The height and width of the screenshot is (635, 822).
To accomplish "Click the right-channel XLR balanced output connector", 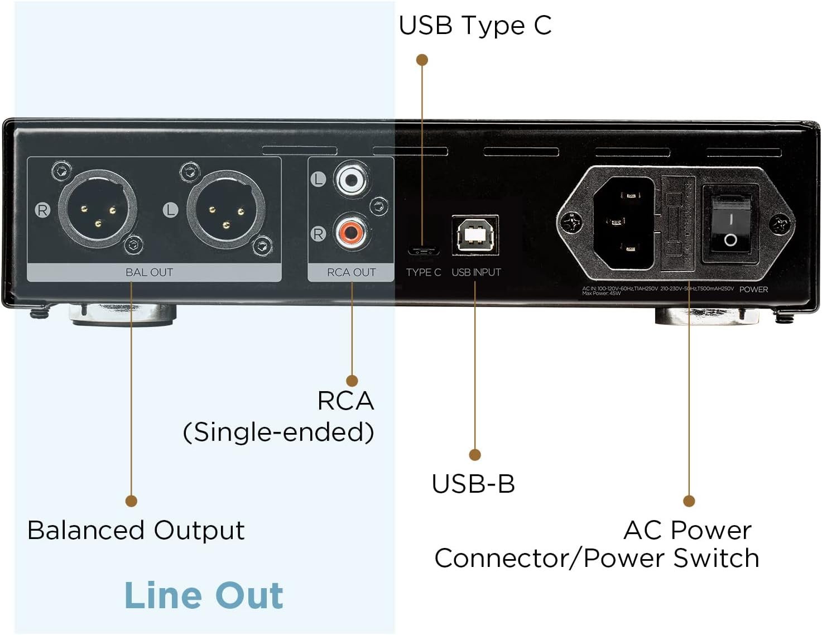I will click(x=98, y=210).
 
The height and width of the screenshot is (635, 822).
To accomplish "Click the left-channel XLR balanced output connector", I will click(x=226, y=211).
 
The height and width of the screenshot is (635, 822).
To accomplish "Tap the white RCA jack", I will click(x=352, y=179).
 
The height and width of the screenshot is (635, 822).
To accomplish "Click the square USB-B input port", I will click(x=475, y=235).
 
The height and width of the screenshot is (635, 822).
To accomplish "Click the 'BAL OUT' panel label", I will click(x=149, y=272).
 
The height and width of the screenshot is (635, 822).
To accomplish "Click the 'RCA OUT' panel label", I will click(x=351, y=272).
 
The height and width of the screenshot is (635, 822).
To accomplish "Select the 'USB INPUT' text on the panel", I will click(x=476, y=272).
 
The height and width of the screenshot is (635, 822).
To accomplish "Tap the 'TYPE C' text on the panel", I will click(x=423, y=272).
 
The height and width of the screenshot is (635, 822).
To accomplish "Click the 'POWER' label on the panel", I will click(x=753, y=289).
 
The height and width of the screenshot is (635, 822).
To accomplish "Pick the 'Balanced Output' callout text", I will click(x=136, y=530).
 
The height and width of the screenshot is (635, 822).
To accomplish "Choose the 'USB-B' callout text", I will click(x=473, y=483).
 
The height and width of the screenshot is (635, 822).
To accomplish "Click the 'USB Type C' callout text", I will click(x=475, y=25).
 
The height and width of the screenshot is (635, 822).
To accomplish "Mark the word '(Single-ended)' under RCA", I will click(x=278, y=432).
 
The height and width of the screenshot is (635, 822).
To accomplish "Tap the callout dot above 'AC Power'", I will click(x=689, y=501).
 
